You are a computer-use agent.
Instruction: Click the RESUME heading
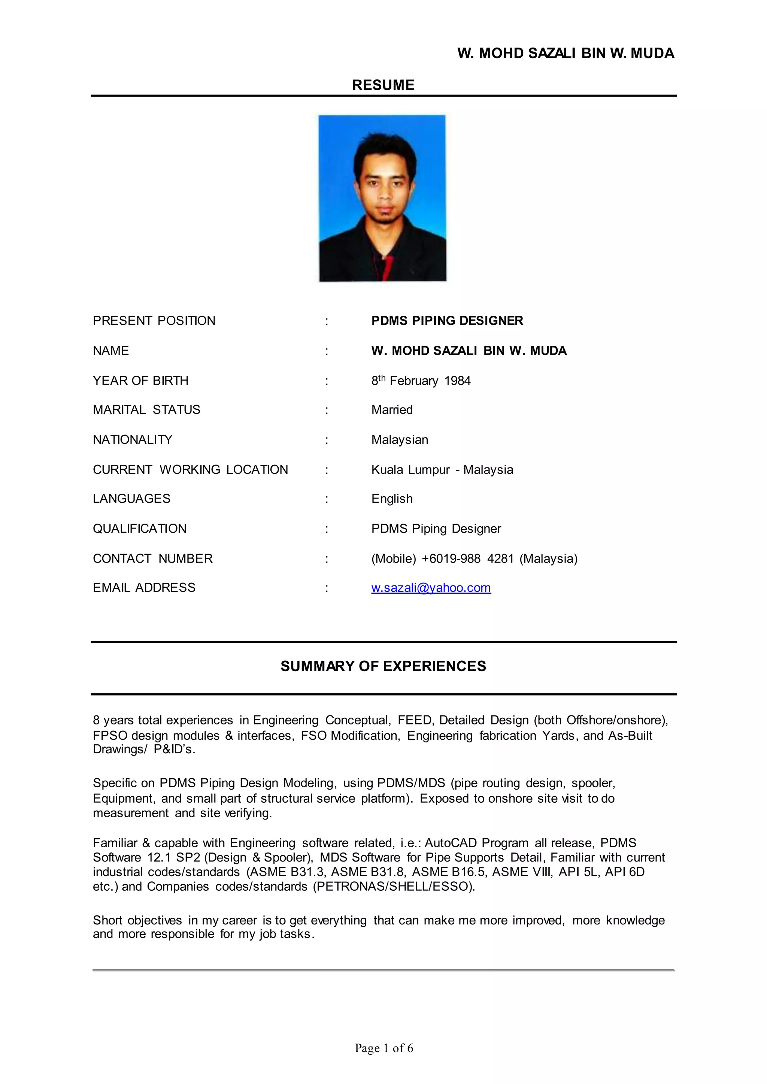[x=383, y=85]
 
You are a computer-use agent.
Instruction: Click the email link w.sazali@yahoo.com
[x=431, y=588]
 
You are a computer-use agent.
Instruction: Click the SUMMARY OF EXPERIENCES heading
[x=383, y=666]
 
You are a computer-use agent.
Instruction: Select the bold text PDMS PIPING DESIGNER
[x=447, y=321]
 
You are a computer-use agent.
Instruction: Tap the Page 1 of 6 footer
[x=383, y=1048]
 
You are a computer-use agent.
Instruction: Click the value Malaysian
[x=400, y=440]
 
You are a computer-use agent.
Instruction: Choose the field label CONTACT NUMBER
[x=152, y=558]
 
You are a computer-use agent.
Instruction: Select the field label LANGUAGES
[x=131, y=499]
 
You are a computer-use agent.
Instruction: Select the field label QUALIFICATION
[x=139, y=529]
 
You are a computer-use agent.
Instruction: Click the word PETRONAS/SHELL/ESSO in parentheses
[x=394, y=887]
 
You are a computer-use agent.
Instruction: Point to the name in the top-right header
[x=566, y=53]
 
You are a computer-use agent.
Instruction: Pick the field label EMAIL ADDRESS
[x=144, y=588]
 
